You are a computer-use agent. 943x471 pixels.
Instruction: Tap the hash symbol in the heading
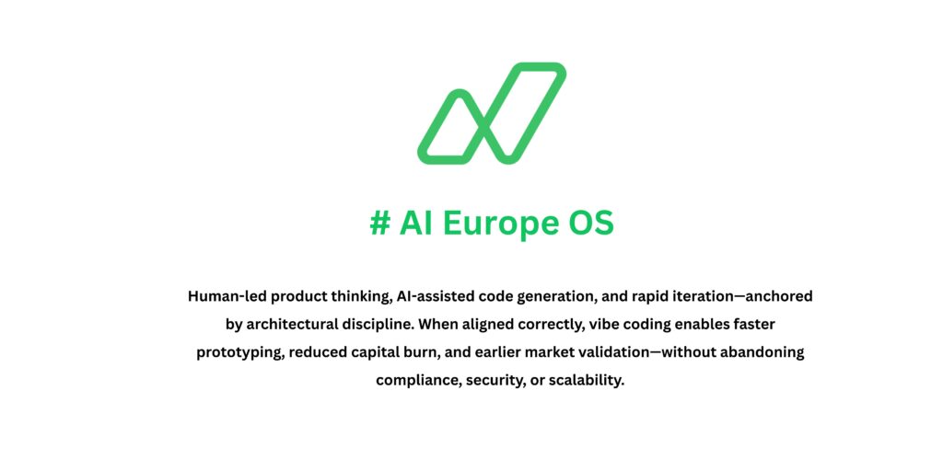pos(379,224)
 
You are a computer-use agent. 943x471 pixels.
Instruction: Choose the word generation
pos(571,297)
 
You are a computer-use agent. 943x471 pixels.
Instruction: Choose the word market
pos(545,352)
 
